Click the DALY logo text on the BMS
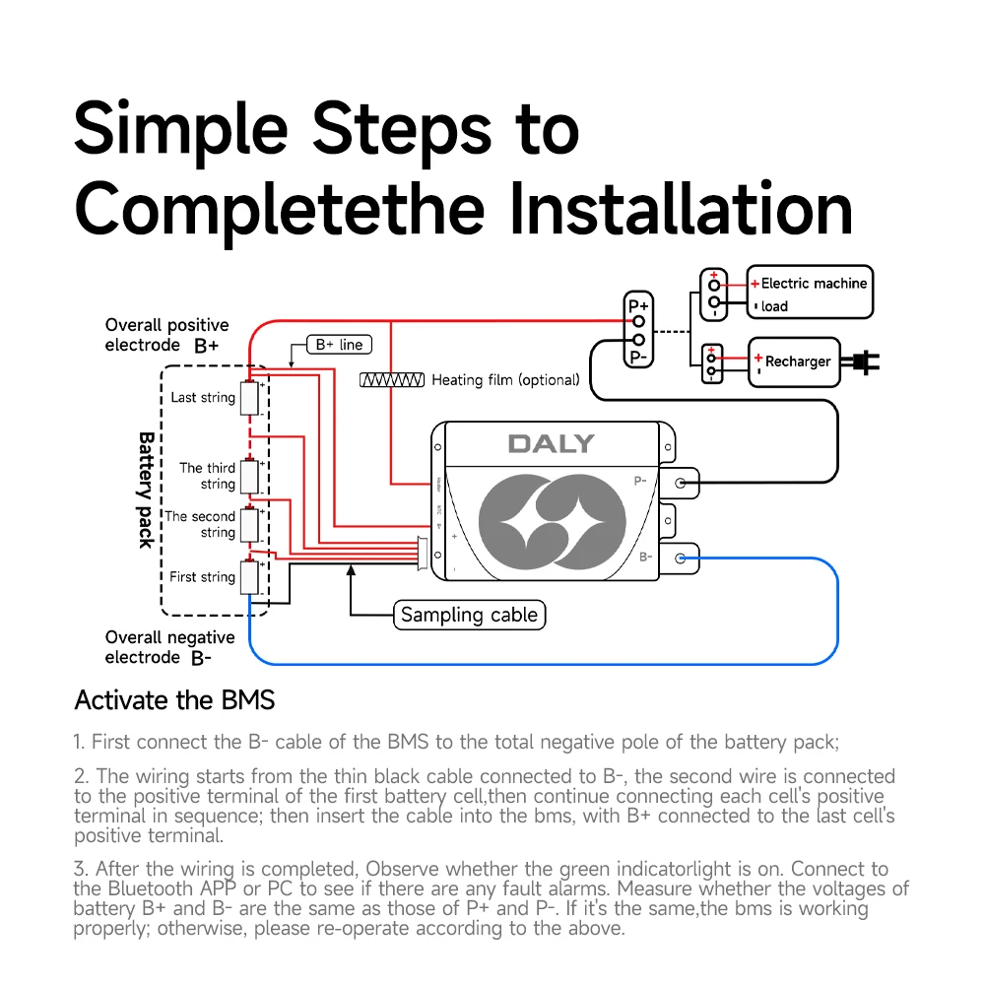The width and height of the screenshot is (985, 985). point(551,443)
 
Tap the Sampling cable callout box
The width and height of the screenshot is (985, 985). point(469,615)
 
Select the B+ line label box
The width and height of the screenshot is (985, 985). point(339,344)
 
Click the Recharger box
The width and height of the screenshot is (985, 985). point(794,361)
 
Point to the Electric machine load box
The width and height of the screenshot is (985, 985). point(810,293)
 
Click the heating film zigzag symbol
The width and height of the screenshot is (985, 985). point(392,380)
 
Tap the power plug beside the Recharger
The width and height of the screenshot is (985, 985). point(861,362)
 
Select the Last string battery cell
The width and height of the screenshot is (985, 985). point(250,398)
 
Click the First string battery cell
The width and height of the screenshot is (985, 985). point(250,577)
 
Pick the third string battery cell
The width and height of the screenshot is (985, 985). point(250,477)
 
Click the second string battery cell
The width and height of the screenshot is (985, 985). point(250,525)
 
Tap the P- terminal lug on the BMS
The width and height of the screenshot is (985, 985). point(679,483)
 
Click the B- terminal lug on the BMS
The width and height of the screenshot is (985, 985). point(679,558)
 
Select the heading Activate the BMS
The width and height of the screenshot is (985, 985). point(174,699)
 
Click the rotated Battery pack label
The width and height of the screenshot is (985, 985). point(147,490)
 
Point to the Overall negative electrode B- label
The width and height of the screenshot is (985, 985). point(169,647)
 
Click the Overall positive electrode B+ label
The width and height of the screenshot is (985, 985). point(166,335)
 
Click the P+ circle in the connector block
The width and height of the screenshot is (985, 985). point(639,322)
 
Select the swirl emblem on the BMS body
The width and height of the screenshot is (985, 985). point(553,521)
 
